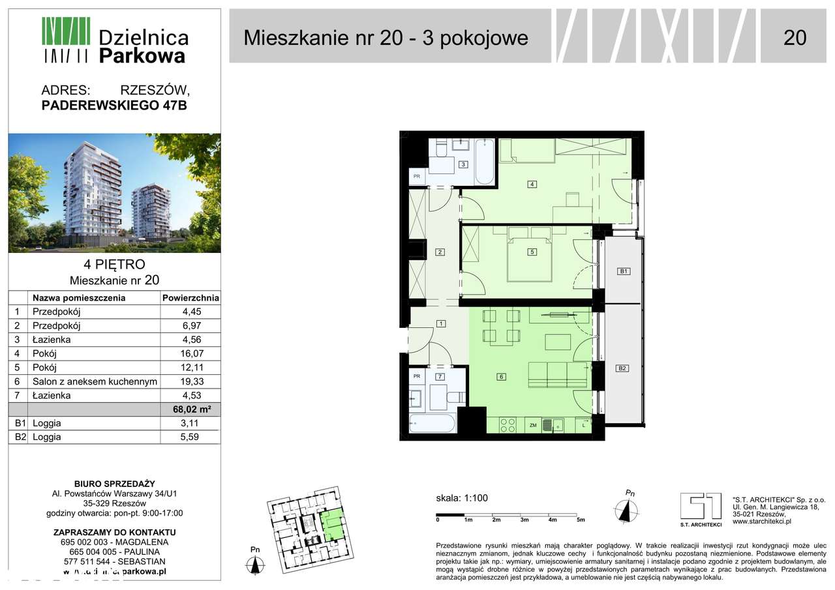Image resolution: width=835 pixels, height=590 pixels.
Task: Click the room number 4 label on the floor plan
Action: pyautogui.click(x=532, y=184)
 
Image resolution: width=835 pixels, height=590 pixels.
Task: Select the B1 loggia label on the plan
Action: pyautogui.click(x=623, y=271)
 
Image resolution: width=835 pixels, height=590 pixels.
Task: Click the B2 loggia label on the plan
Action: pyautogui.click(x=622, y=368)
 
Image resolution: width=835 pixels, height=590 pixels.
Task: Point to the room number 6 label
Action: pyautogui.click(x=501, y=376)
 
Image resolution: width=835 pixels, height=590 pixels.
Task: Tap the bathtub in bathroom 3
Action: pyautogui.click(x=484, y=162)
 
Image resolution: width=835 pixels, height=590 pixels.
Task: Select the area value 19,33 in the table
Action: pyautogui.click(x=190, y=381)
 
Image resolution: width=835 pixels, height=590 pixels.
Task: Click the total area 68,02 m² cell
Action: pyautogui.click(x=190, y=409)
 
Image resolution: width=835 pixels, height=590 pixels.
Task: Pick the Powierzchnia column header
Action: pyautogui.click(x=190, y=298)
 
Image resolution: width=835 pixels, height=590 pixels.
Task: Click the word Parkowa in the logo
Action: pyautogui.click(x=142, y=56)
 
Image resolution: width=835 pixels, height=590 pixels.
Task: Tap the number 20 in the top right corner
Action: pyautogui.click(x=795, y=38)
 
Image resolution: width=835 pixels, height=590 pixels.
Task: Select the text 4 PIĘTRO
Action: pyautogui.click(x=114, y=265)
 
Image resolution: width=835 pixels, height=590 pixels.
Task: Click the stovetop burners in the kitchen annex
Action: pyautogui.click(x=508, y=425)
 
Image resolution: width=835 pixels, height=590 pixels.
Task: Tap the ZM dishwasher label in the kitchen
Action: pyautogui.click(x=533, y=426)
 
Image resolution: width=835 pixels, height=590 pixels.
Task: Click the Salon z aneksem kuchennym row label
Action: pyautogui.click(x=95, y=381)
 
